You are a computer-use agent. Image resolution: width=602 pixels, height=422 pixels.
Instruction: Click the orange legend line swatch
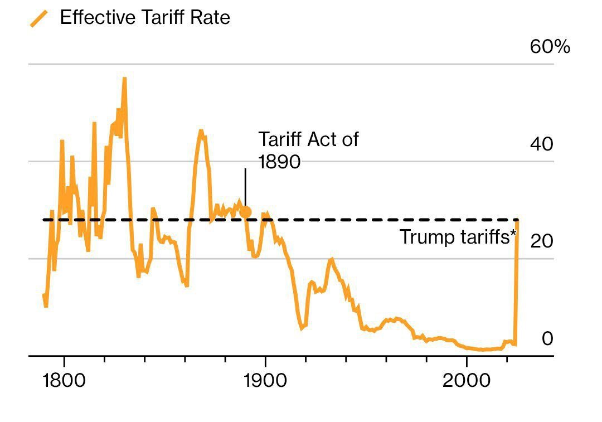[38, 19]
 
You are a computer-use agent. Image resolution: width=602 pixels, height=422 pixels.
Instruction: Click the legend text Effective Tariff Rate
[144, 18]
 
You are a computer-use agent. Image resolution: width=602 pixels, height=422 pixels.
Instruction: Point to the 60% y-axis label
[550, 47]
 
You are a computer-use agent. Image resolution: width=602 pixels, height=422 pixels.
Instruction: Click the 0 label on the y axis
[547, 338]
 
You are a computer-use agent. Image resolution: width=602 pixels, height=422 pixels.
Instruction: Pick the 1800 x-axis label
[64, 381]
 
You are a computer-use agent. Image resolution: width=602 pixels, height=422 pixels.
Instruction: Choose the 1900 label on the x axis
[265, 381]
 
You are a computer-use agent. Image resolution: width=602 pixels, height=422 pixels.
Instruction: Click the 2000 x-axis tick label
[467, 381]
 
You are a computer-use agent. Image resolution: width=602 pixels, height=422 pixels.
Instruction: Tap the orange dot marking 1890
[245, 212]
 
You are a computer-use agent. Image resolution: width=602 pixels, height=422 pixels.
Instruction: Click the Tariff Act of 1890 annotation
[308, 150]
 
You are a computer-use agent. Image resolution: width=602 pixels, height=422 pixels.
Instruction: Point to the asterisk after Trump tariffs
[513, 234]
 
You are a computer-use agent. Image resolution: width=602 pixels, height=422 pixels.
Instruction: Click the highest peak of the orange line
[124, 79]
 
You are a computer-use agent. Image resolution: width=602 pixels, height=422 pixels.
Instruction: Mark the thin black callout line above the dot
[245, 187]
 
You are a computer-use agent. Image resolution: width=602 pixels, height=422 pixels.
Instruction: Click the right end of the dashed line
[517, 220]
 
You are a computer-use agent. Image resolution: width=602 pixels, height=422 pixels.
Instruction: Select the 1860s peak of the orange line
[201, 132]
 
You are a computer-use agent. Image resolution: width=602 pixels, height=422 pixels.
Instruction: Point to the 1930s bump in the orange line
[332, 259]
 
